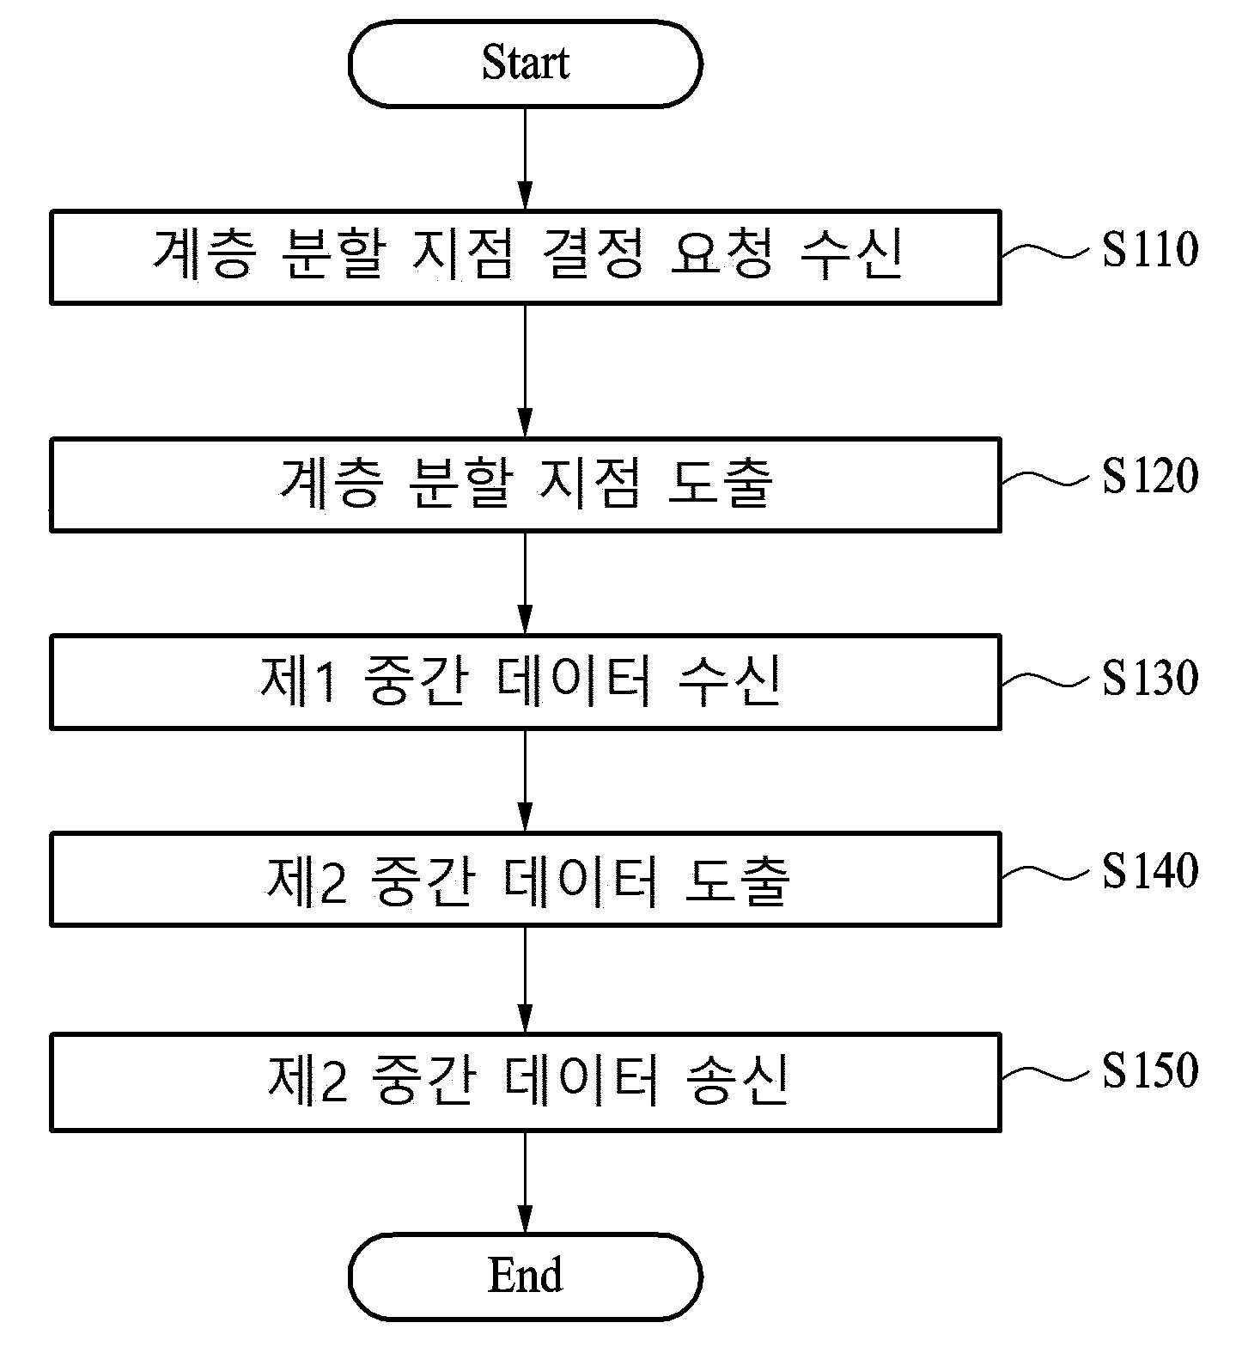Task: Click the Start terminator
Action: click(525, 64)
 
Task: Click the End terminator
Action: click(525, 1276)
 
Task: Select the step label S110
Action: click(1150, 250)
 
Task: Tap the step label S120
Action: click(1150, 476)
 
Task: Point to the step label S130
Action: click(1150, 679)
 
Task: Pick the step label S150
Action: click(1150, 1070)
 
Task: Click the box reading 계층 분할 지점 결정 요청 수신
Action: click(525, 256)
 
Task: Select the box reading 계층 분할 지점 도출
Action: click(525, 485)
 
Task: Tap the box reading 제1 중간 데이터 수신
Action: click(525, 682)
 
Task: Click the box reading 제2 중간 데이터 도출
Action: click(525, 879)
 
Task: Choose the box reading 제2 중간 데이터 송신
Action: click(525, 1082)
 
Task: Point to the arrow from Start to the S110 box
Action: click(525, 159)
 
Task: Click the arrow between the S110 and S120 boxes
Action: click(525, 371)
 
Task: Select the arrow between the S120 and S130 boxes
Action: click(525, 583)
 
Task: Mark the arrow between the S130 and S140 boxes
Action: click(525, 781)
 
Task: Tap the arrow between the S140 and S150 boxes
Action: click(525, 980)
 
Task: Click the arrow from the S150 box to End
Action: click(525, 1182)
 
